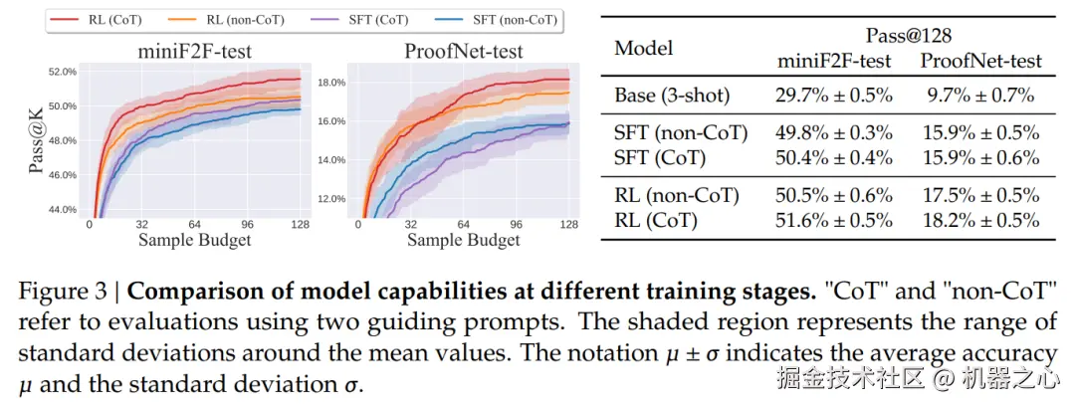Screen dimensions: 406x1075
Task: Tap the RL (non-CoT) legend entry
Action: coord(243,19)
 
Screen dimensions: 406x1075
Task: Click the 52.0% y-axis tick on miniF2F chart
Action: coord(56,72)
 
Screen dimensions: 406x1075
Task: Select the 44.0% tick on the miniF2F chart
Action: coord(56,209)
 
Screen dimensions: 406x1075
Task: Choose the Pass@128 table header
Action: coord(909,35)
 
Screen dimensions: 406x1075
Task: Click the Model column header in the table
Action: coord(643,48)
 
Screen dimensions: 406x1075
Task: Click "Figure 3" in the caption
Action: coord(59,294)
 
